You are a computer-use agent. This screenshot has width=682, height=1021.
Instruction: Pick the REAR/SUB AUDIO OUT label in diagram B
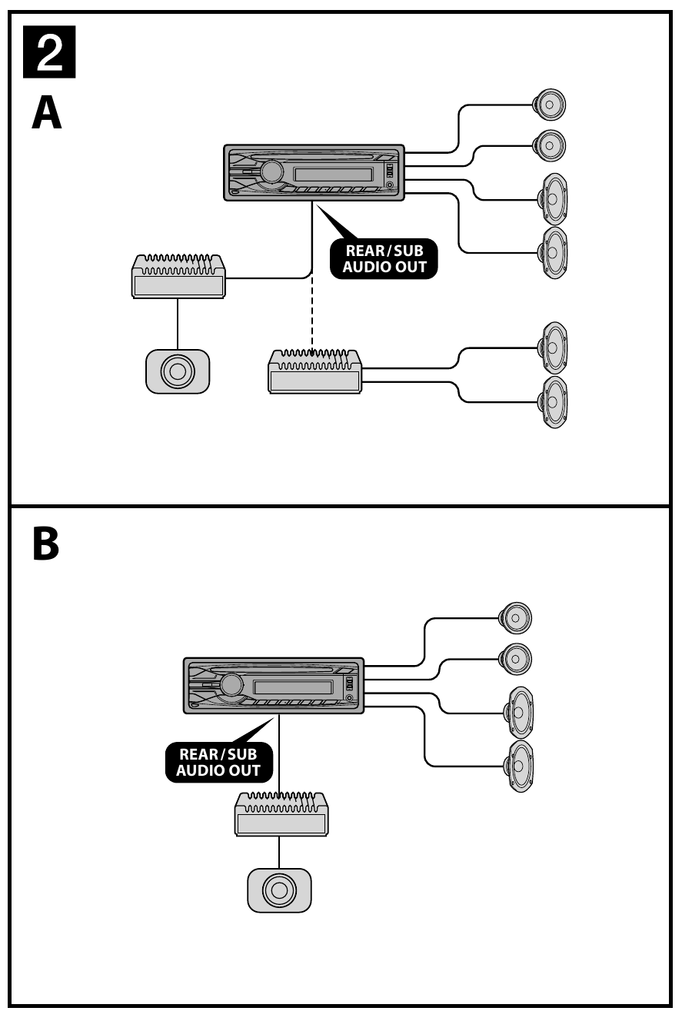click(x=219, y=762)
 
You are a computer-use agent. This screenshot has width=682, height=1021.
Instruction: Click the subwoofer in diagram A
click(x=177, y=371)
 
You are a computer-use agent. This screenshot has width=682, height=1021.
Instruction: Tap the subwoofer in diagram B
click(x=279, y=890)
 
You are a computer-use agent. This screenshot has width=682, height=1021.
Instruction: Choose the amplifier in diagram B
click(x=281, y=814)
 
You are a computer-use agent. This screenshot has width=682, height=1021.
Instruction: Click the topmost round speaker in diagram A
click(x=551, y=105)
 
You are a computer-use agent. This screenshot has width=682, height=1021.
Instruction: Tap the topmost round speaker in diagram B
click(x=515, y=617)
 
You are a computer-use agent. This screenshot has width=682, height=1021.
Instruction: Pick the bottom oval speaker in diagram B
click(x=519, y=767)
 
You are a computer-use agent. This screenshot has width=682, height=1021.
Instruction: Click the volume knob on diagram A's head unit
click(x=271, y=172)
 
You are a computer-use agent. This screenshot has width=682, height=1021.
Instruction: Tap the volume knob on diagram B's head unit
click(x=231, y=684)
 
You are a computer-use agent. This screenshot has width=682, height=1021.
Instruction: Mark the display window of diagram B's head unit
click(x=292, y=686)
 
